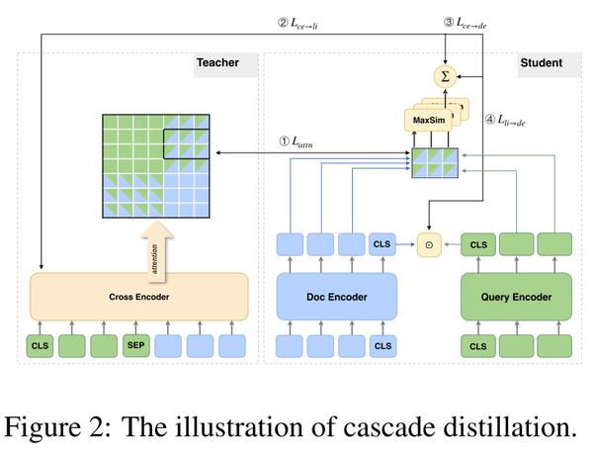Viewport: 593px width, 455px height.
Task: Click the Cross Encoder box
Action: tap(138, 296)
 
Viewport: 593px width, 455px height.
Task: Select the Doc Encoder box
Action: tap(336, 296)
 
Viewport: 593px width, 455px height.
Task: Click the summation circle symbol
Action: tap(445, 75)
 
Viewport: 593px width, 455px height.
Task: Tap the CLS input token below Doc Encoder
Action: tap(382, 347)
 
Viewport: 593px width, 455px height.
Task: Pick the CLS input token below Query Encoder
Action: tap(478, 347)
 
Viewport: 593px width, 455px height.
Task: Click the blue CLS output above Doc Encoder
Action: tap(382, 243)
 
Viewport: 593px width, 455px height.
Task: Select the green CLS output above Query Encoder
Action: tap(478, 243)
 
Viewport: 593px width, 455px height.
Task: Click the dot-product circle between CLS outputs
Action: tap(429, 243)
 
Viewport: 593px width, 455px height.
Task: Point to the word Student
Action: tap(539, 63)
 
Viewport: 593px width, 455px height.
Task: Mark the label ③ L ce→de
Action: tap(465, 21)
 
